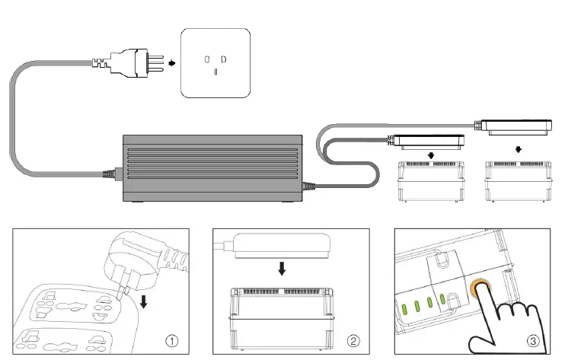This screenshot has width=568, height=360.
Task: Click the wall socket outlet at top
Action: (215, 63)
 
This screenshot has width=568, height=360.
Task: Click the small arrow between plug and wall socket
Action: (171, 65)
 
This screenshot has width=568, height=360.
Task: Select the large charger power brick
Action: (212, 168)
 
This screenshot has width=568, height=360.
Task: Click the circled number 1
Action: (173, 341)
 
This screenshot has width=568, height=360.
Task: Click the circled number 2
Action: (353, 341)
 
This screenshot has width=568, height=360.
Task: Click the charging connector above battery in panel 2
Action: (281, 244)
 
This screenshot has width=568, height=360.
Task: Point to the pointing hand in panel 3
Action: (506, 323)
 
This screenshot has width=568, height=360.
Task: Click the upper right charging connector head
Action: (519, 126)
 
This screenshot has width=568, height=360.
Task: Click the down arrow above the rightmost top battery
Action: (519, 149)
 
